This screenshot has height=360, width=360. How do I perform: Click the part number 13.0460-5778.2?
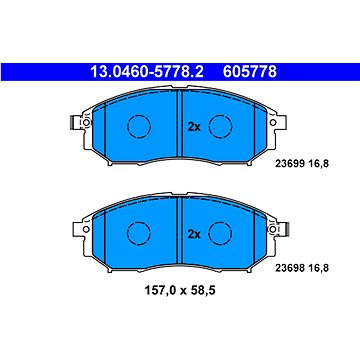coord(147,72)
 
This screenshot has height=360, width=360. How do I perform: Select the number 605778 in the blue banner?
coord(250,72)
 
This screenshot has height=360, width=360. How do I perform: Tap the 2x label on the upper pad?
coord(194,127)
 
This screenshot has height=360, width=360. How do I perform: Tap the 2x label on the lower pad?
coord(194,234)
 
